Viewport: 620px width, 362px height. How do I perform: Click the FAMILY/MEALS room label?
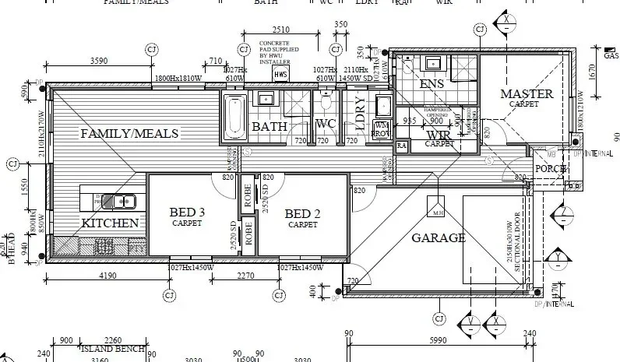pos(130,134)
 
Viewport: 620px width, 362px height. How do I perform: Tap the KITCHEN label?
pos(110,223)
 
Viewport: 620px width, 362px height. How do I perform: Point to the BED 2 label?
pos(303,214)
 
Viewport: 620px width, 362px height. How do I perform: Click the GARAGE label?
pos(439,237)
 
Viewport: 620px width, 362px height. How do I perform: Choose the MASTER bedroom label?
pos(527,95)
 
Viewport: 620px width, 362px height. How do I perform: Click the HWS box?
pos(281,74)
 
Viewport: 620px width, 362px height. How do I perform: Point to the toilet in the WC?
pos(326,102)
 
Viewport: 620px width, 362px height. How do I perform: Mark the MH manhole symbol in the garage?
pos(438,213)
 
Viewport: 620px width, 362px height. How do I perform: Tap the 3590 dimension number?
pos(99,61)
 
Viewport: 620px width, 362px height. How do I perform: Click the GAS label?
pos(611,55)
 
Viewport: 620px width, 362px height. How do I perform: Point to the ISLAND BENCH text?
pos(113,350)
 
